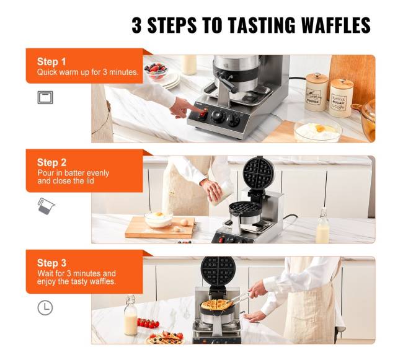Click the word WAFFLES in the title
pos(335,25)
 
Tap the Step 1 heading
pos(51,61)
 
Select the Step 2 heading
pos(51,162)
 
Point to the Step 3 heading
pos(51,263)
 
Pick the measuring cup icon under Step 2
pos(46,206)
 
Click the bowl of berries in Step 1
pos(156,70)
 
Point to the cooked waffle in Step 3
pos(216,304)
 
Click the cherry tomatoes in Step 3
pos(148,323)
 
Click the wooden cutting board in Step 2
pos(160,228)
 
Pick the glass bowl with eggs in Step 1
pos(318,131)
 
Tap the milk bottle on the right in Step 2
pos(322,227)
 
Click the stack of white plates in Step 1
pos(171,81)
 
